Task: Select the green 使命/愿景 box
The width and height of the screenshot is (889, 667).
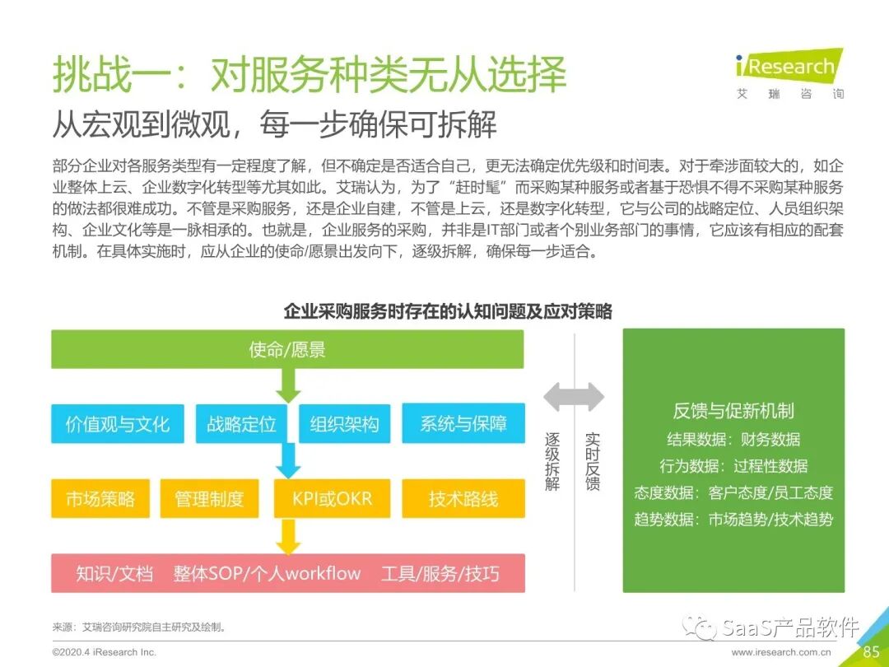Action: (x=287, y=349)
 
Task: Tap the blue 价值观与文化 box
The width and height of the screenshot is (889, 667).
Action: (x=118, y=424)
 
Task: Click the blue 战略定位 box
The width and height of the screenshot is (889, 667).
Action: (x=241, y=424)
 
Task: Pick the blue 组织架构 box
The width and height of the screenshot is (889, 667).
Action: (x=344, y=424)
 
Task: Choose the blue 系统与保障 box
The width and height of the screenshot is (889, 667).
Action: (x=463, y=424)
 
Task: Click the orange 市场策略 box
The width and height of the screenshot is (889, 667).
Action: (x=100, y=499)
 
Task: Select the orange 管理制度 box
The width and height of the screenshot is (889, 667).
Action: (x=209, y=499)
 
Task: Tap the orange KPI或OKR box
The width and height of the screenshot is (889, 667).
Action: (x=332, y=499)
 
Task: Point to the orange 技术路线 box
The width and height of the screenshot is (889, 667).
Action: (x=463, y=499)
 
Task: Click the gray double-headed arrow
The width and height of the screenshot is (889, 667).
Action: (x=574, y=396)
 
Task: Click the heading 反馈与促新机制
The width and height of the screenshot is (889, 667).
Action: (x=733, y=412)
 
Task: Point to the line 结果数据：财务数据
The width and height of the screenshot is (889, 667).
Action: (x=733, y=440)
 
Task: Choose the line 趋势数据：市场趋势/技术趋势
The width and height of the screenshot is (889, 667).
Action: (x=733, y=520)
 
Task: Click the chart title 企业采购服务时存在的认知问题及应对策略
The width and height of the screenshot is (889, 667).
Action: (x=448, y=311)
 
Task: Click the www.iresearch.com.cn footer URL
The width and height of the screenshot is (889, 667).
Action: (x=781, y=652)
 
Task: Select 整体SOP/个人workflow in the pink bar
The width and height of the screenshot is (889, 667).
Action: (x=267, y=574)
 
